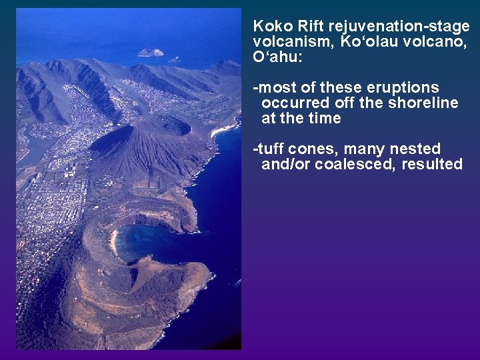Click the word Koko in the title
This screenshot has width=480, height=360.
269,27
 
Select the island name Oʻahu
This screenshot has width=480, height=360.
277,57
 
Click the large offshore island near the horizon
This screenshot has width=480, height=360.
151,53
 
